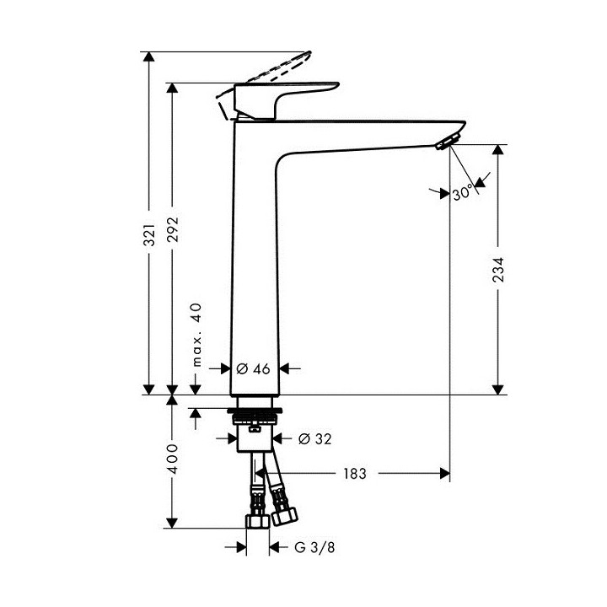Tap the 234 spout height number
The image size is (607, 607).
point(500,270)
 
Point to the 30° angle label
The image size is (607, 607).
point(462,194)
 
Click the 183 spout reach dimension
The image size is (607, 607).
point(355,474)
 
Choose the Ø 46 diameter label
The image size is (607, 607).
point(253,368)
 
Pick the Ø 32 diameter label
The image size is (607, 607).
point(316,438)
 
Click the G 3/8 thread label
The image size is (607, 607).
point(309,548)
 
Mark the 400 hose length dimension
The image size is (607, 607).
point(173,459)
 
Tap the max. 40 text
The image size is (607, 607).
point(196,335)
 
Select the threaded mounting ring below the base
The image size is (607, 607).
point(255,416)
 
